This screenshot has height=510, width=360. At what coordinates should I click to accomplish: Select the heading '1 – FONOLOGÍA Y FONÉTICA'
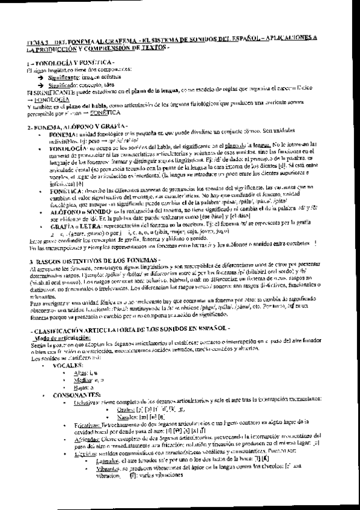tap(63, 62)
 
